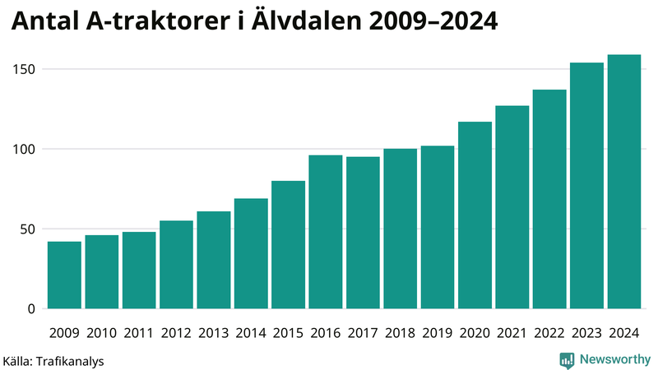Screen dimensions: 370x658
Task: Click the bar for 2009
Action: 64,275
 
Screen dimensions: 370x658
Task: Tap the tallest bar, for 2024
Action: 623,182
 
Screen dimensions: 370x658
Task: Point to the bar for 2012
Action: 176,265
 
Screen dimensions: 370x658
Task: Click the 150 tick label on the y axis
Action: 24,69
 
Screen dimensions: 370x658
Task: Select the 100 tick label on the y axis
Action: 24,149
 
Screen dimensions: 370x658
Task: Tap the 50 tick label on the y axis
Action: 27,229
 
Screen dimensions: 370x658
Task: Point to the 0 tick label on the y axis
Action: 31,309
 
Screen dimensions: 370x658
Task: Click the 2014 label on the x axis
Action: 251,333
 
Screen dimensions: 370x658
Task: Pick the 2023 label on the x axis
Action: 586,333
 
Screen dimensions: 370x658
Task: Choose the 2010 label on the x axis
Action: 101,333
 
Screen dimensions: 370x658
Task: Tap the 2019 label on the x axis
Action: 438,333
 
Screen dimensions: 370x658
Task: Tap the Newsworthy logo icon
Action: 567,359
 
